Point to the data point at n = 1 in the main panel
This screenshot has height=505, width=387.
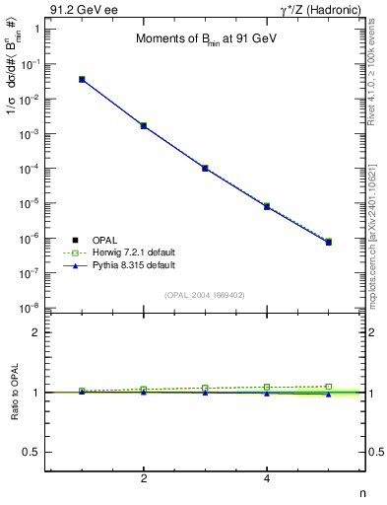tap(82, 79)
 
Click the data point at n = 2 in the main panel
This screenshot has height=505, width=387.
tap(144, 126)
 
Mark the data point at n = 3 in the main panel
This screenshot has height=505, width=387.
tap(205, 169)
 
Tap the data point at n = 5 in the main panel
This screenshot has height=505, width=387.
tap(329, 242)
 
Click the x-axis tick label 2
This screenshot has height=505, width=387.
tap(144, 478)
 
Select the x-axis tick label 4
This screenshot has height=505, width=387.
tap(267, 478)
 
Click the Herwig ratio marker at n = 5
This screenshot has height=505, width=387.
tap(329, 387)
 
